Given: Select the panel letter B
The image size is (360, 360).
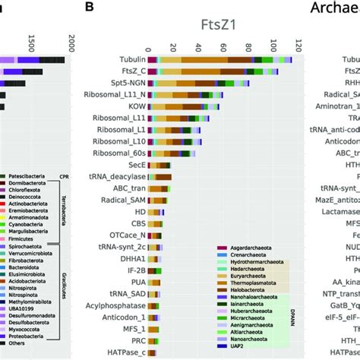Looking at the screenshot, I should (x=90, y=8).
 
